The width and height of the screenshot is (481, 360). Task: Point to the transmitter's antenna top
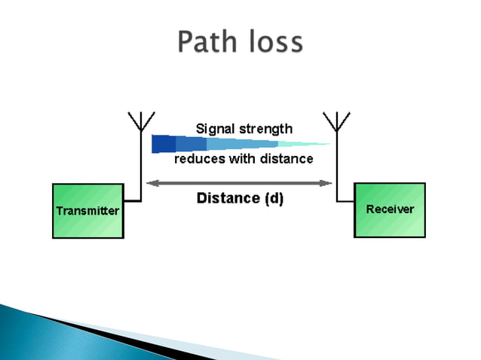click(140, 121)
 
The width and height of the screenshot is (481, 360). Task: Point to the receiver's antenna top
click(336, 121)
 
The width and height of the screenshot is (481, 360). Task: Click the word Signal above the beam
click(215, 128)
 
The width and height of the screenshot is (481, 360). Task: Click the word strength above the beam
click(265, 129)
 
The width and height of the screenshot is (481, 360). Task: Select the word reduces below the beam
click(198, 159)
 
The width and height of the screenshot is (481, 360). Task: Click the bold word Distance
click(225, 199)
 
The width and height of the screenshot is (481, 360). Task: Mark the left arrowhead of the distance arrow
click(149, 182)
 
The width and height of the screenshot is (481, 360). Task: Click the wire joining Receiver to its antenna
click(345, 200)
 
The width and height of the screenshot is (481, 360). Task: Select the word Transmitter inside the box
click(87, 211)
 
